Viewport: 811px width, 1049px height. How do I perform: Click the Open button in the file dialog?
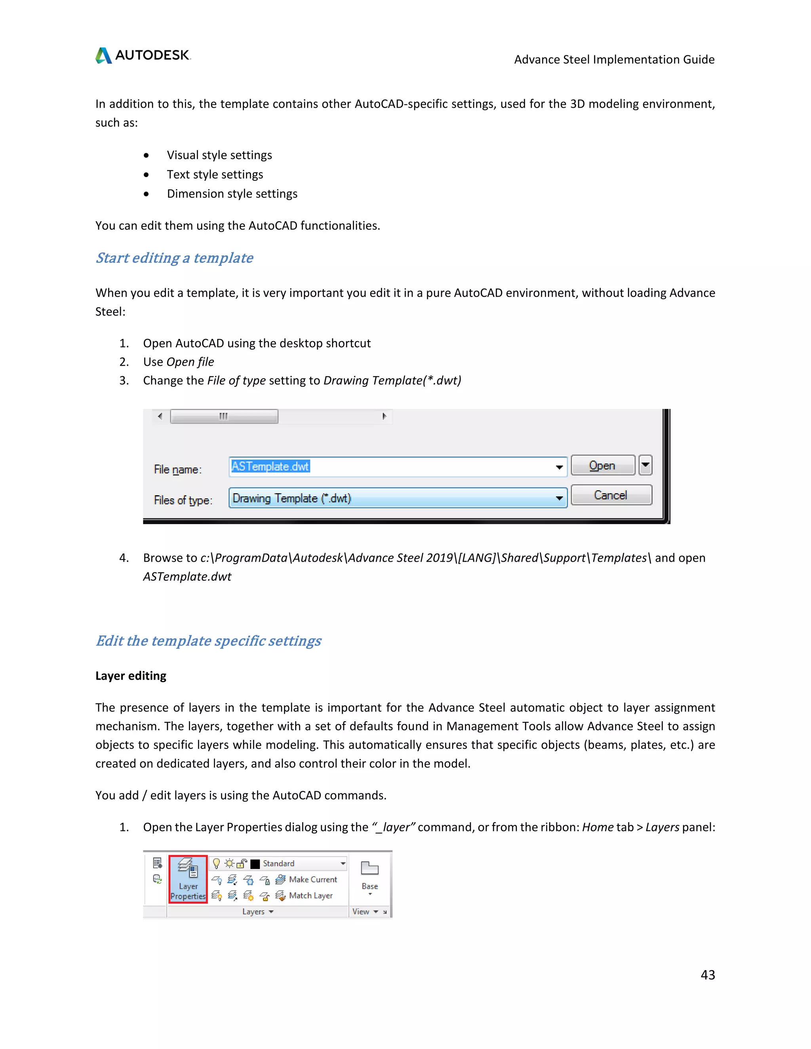tap(602, 466)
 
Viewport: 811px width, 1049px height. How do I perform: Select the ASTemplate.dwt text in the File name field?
tap(270, 466)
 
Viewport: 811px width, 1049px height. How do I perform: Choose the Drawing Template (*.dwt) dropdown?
tap(397, 498)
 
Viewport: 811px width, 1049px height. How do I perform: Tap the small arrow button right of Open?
tap(645, 465)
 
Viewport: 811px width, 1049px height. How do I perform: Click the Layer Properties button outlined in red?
tap(188, 879)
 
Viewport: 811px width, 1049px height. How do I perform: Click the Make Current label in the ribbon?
tap(313, 880)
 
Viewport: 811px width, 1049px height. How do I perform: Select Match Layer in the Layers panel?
tap(310, 895)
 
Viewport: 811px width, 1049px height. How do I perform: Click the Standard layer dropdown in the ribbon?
tap(298, 864)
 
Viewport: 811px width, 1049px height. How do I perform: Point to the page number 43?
tap(707, 975)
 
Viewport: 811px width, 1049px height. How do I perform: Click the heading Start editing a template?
tap(174, 258)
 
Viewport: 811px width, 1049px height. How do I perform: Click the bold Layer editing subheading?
tap(131, 676)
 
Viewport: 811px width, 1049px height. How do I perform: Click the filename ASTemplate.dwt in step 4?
tap(187, 576)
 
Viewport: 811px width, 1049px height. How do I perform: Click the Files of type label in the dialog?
tap(183, 500)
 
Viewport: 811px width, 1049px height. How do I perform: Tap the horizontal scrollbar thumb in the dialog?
tap(224, 416)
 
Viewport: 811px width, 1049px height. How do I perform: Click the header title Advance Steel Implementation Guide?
tap(614, 59)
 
